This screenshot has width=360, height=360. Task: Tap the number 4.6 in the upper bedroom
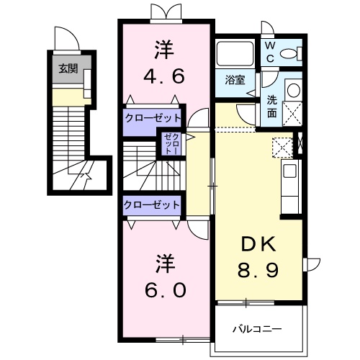pos(166,76)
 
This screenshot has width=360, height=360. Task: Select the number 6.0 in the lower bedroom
pos(166,289)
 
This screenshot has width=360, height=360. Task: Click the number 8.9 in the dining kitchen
pos(260,272)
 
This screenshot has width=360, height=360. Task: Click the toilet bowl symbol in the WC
pos(292,53)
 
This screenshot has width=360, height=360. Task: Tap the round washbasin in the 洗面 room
pos(292,90)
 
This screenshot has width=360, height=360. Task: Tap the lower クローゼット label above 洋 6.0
pos(151,205)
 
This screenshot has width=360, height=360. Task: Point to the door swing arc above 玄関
pos(65,38)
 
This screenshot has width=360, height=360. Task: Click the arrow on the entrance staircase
pos(86,173)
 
